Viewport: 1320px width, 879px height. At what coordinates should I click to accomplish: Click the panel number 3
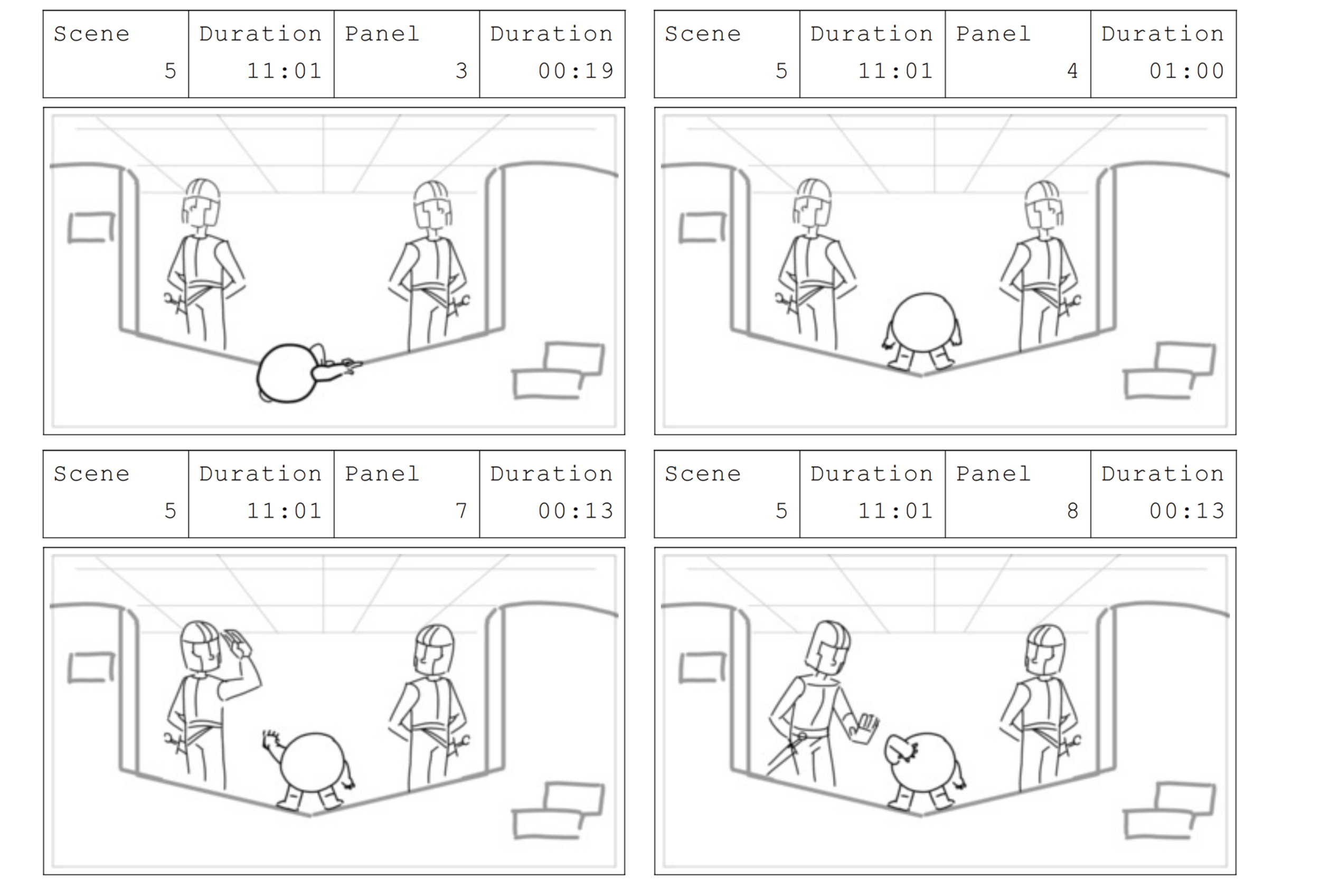tap(461, 71)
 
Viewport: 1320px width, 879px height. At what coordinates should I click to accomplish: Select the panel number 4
tap(1072, 71)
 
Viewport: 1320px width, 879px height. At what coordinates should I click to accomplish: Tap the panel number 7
tap(461, 511)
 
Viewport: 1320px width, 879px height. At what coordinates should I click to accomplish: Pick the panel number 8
tap(1072, 511)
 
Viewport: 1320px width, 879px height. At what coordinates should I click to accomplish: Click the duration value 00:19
tap(576, 71)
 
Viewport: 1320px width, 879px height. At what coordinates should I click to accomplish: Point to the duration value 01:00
tap(1186, 71)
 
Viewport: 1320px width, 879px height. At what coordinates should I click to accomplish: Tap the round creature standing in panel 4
tap(922, 330)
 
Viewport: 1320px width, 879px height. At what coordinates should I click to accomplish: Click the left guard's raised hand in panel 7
tap(238, 644)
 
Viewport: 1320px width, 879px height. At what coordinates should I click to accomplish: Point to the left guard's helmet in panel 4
tap(812, 203)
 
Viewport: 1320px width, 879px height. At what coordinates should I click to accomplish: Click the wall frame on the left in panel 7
tap(91, 668)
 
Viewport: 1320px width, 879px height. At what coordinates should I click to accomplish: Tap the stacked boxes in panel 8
tap(1169, 811)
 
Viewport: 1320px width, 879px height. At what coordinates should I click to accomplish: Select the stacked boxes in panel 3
tap(558, 371)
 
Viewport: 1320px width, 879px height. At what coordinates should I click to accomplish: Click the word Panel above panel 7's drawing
tap(382, 474)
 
